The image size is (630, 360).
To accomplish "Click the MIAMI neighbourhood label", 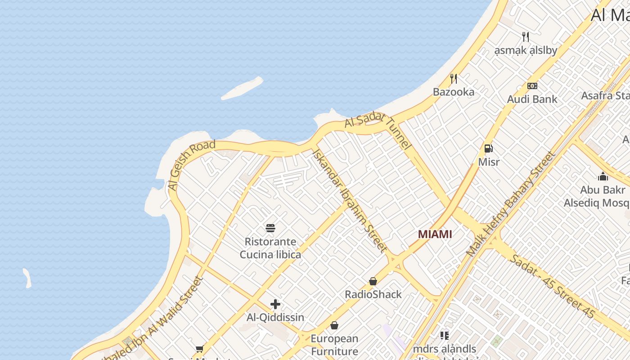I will tap(435, 234).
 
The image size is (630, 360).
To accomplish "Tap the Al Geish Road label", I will tap(191, 165).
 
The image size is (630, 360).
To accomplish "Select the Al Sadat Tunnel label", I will tap(378, 130).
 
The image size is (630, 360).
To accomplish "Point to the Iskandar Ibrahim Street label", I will tap(349, 201).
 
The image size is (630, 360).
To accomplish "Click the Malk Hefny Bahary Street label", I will tap(510, 205).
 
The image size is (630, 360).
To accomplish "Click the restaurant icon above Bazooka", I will tap(454, 79).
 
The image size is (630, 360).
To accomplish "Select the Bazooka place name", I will tap(454, 92).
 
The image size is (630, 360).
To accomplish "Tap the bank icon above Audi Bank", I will tap(532, 86).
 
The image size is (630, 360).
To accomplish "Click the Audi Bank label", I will tap(532, 99).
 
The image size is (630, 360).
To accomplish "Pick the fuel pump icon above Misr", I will tap(489, 148).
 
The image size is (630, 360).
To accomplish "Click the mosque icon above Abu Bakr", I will tap(603, 176).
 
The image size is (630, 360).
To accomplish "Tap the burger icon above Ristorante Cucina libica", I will tap(270, 228).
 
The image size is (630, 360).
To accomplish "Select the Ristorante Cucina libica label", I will tap(270, 248).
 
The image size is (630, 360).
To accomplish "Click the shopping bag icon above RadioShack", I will tap(373, 281).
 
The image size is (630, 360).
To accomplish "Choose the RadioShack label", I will tap(373, 295).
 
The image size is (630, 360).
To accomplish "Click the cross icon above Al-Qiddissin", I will tap(275, 304).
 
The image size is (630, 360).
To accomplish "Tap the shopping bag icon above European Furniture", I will tap(334, 325).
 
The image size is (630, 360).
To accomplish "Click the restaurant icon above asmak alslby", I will tap(526, 36).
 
